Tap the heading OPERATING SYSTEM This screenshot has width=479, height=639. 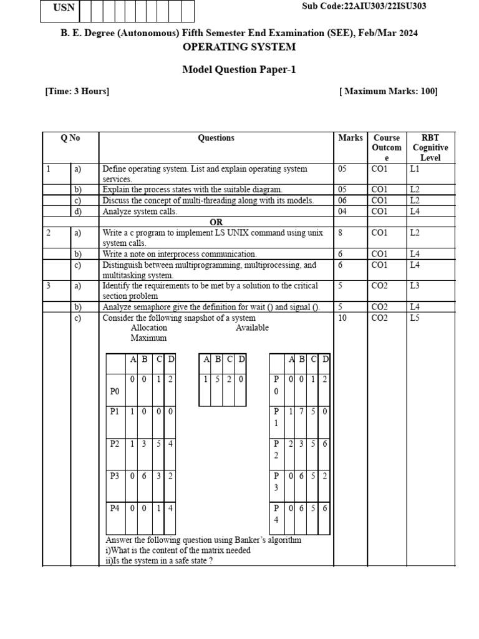239,47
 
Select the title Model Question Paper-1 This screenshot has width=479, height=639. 239,69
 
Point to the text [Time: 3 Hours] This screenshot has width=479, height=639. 77,92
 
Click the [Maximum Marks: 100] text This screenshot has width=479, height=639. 388,92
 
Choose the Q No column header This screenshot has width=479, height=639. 70,138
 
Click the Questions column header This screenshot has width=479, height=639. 216,138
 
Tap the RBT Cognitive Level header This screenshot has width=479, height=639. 430,148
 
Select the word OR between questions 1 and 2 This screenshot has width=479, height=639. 216,222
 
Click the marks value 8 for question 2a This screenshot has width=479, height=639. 341,233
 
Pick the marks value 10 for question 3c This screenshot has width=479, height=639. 343,318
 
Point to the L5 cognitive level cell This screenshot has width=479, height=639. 415,318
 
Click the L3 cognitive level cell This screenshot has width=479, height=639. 415,286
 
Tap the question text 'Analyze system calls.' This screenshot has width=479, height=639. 140,212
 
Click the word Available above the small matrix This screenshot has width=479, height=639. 252,328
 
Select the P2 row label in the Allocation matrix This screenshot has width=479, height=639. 115,444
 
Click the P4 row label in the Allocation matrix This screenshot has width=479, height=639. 115,509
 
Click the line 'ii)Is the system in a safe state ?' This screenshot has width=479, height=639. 160,560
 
